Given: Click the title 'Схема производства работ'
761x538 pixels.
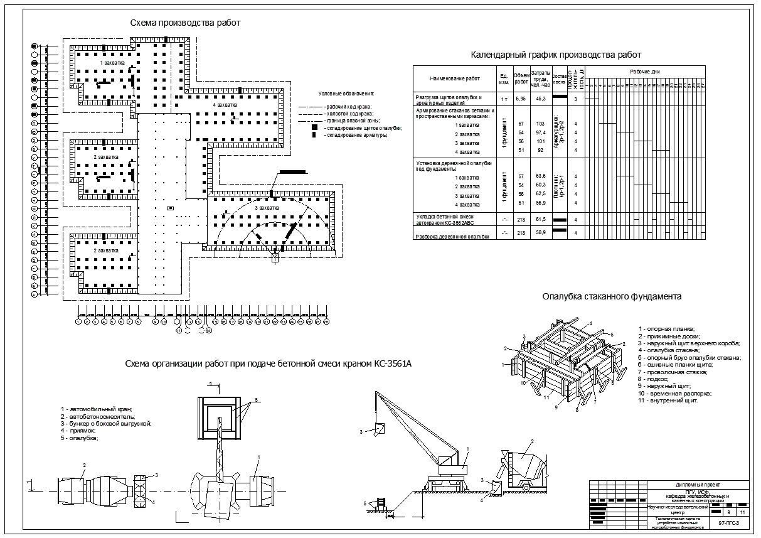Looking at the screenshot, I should click(x=185, y=23).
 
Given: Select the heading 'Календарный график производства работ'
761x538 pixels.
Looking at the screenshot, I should click(x=556, y=55).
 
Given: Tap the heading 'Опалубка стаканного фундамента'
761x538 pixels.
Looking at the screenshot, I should click(x=612, y=297).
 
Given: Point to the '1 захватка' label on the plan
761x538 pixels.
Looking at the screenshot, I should click(x=112, y=63).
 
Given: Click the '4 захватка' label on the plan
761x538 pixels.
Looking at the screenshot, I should click(x=224, y=105).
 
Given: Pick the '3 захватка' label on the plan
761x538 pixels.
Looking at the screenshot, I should click(x=267, y=207).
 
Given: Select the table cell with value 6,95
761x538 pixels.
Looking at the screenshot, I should click(x=521, y=99).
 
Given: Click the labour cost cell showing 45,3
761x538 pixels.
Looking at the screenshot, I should click(x=540, y=99).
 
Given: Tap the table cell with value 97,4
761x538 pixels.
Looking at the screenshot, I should click(x=540, y=133).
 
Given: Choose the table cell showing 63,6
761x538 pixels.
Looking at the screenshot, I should click(x=540, y=176).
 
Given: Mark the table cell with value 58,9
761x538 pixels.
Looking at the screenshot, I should click(x=540, y=233).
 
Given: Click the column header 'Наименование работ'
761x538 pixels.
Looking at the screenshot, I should click(x=454, y=79).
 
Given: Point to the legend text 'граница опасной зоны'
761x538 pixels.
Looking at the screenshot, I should click(x=349, y=120).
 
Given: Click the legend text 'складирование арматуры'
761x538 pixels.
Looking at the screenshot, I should click(x=356, y=135).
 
